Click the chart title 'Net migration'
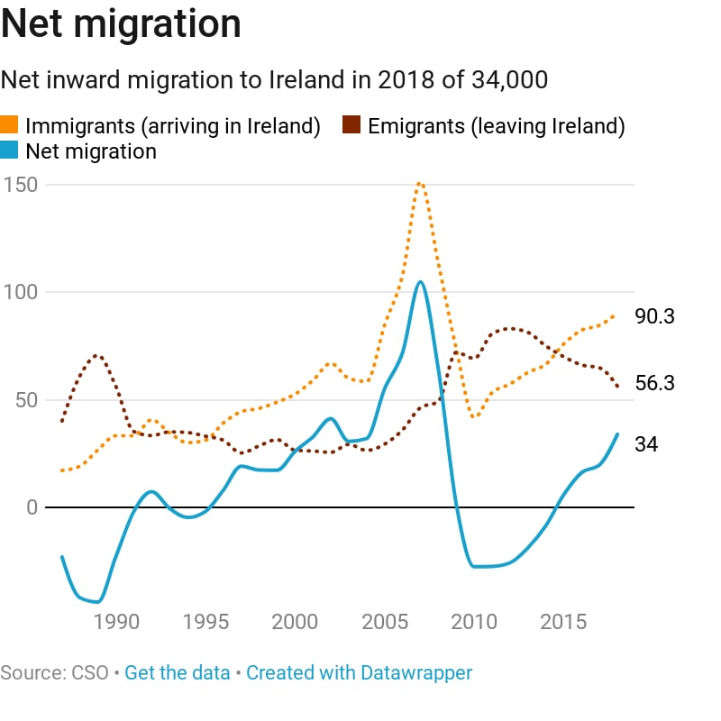(121, 24)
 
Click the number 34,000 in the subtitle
(509, 80)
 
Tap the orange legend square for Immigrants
(10, 126)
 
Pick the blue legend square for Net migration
(10, 151)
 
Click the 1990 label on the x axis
(115, 622)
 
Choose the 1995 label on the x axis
(205, 622)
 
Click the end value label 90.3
(655, 316)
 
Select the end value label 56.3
(655, 383)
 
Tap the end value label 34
(646, 444)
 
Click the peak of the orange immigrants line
(420, 183)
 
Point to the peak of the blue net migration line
(420, 281)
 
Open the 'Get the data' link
(177, 672)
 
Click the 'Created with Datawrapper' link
(359, 672)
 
